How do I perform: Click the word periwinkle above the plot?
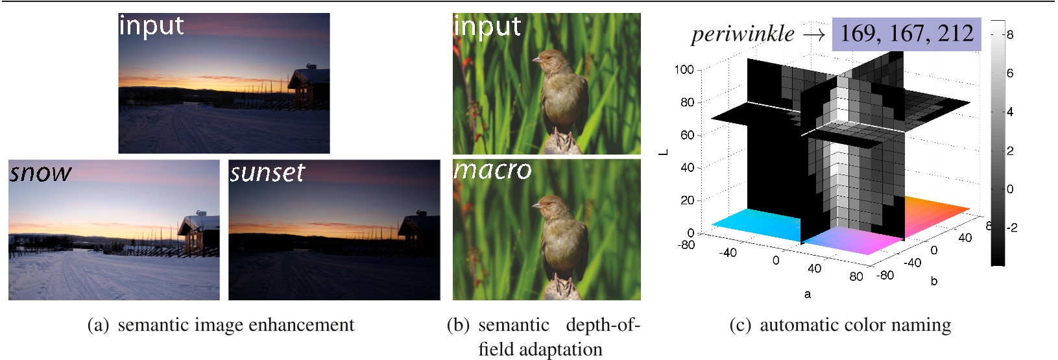pos(742,34)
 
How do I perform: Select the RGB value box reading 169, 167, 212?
pos(906,34)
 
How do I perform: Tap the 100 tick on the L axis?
pos(684,69)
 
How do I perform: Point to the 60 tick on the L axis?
pos(687,135)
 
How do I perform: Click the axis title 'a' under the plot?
pos(807,294)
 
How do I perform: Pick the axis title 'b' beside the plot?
pos(933,282)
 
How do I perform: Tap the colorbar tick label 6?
pos(1009,73)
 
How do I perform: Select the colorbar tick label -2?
pos(1011,228)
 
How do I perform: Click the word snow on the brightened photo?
pos(40,173)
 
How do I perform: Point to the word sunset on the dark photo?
pos(267,173)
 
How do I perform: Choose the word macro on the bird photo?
pos(492,170)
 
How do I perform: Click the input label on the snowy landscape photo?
pos(151,26)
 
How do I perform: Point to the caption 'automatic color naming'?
pos(855,325)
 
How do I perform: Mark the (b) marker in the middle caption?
pos(459,325)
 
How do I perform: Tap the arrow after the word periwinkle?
pos(813,35)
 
